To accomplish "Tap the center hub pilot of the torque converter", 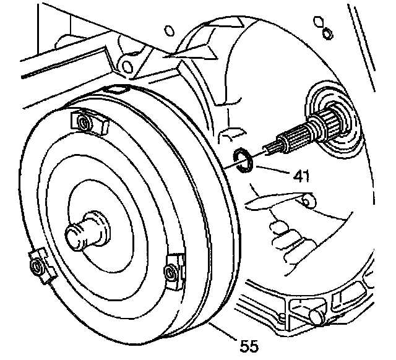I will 80,234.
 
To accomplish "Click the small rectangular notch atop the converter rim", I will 114,90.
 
